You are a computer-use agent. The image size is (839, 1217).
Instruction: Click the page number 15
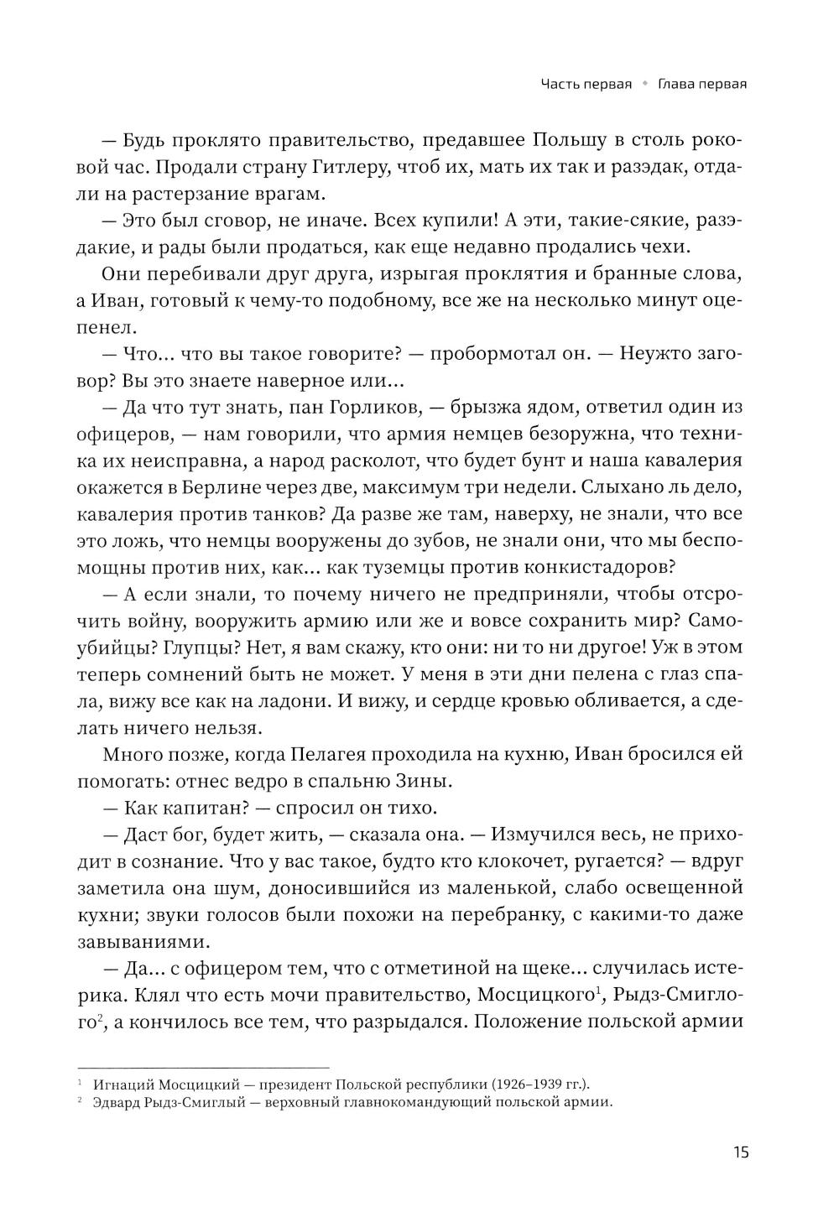(x=740, y=1151)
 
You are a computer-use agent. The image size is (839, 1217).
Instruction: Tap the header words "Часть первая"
(x=586, y=84)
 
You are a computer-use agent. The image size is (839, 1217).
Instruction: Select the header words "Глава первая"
(x=702, y=84)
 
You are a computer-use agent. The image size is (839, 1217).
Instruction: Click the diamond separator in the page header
(x=645, y=84)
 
